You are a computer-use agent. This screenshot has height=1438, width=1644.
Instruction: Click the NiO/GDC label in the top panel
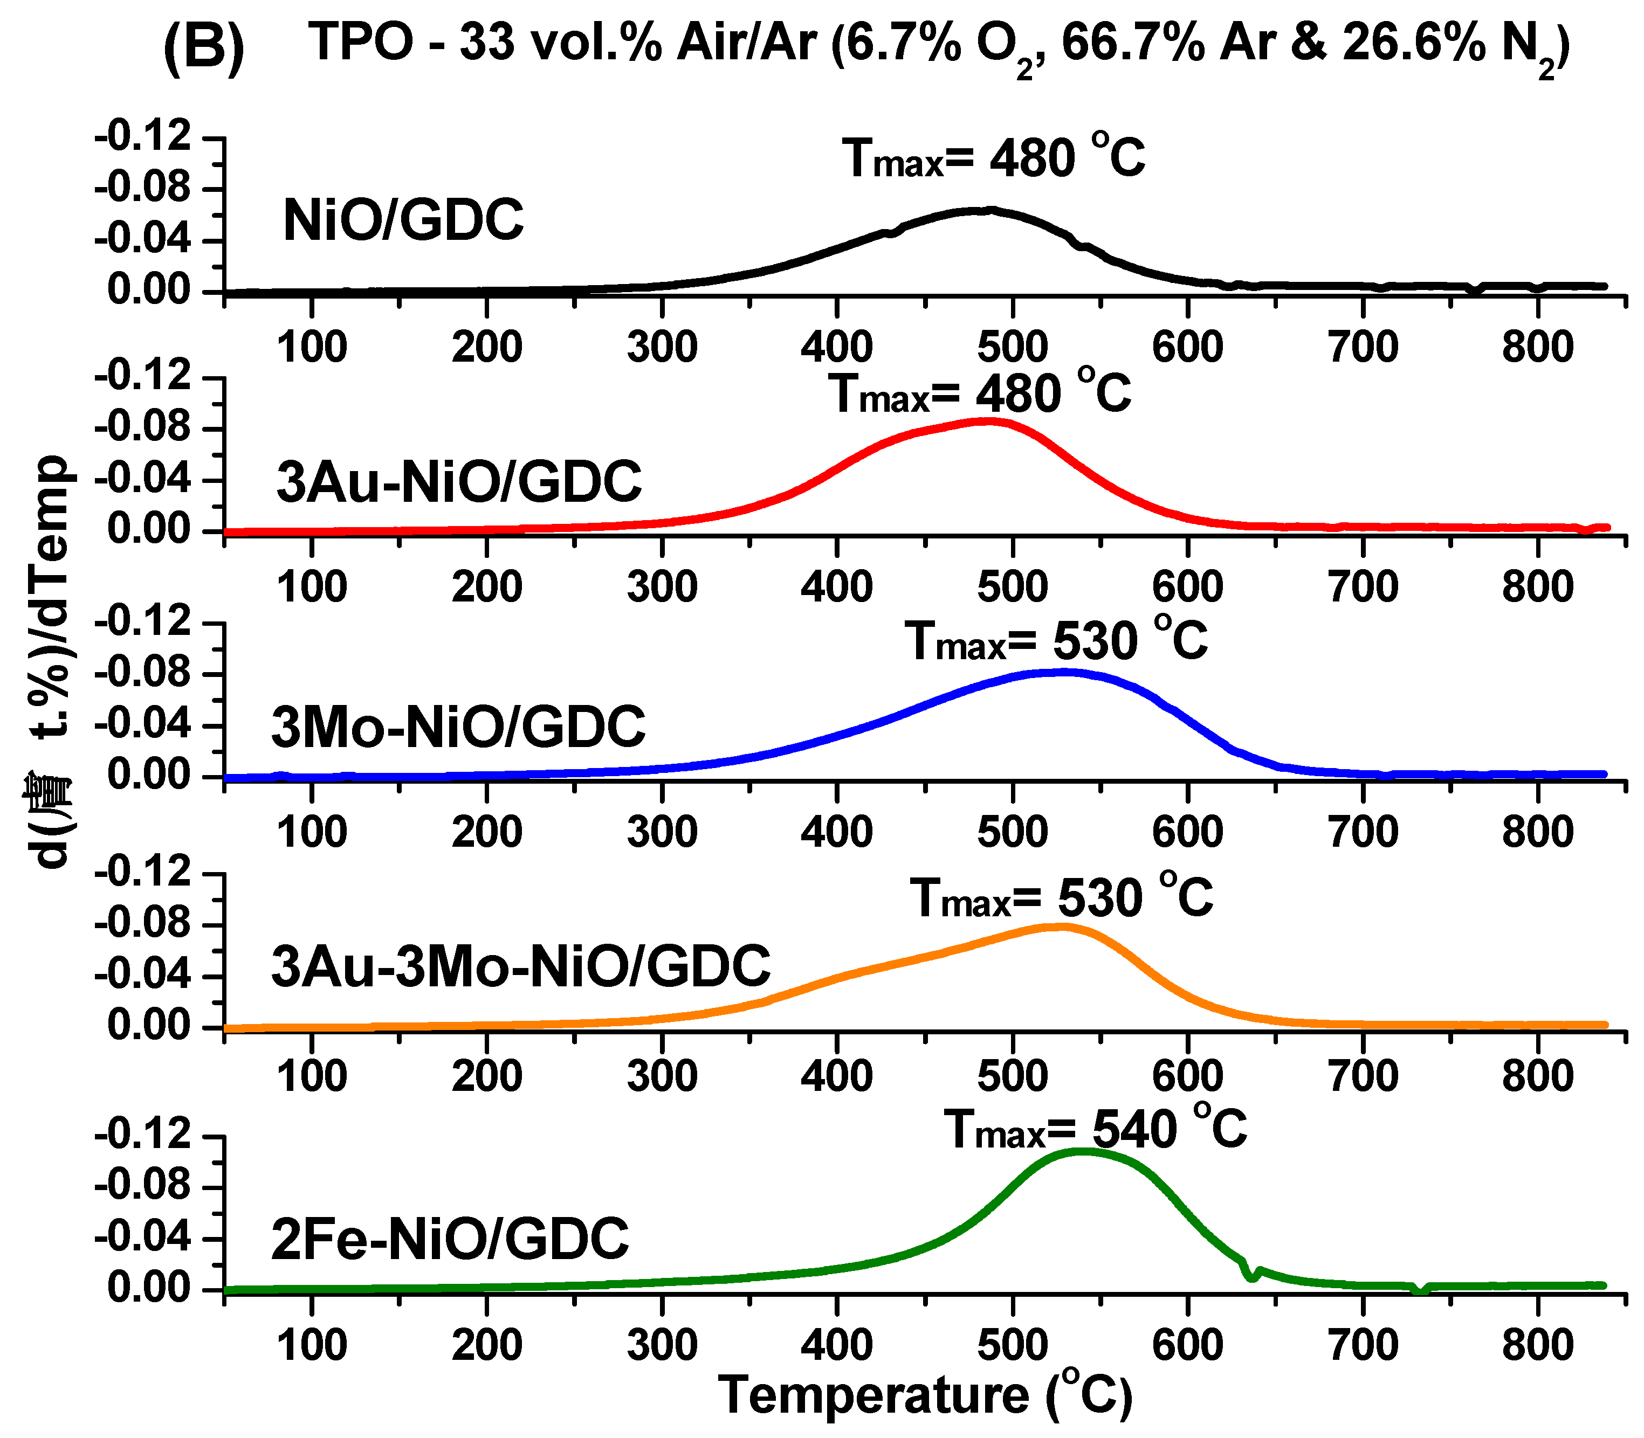point(403,220)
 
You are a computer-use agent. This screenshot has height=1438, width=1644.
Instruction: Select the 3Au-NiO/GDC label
point(459,481)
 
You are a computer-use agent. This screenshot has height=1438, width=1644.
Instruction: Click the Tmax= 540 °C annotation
point(1095,1130)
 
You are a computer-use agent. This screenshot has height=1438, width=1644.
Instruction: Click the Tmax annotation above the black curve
point(994,158)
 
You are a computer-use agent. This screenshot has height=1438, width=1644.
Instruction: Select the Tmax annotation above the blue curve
point(1056,641)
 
